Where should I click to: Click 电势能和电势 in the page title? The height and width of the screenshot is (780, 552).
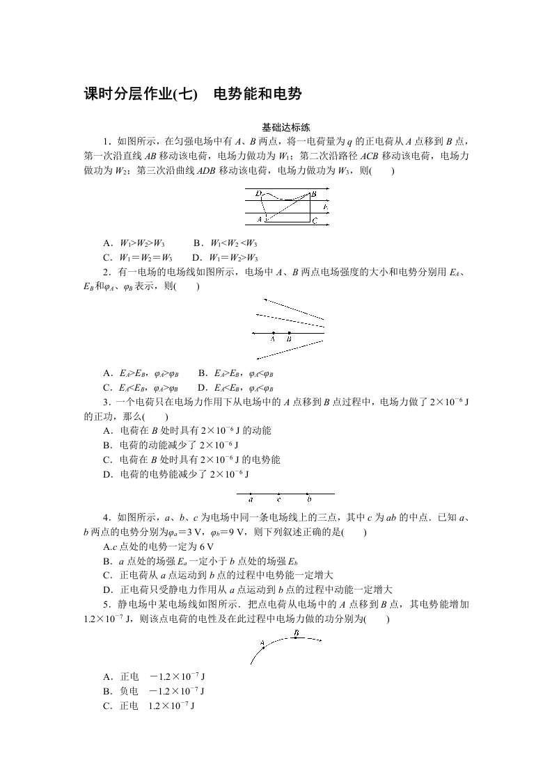[257, 95]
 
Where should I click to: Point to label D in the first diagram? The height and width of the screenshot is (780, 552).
[258, 193]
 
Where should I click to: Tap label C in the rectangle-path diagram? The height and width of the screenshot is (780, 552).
[315, 221]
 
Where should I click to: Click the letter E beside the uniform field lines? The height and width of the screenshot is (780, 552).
[325, 208]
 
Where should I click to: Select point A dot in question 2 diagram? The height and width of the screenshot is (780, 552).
[273, 333]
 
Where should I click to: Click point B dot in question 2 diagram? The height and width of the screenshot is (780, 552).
[289, 333]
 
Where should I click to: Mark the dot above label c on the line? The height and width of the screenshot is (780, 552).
[278, 494]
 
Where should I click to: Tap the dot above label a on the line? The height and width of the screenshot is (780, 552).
[251, 494]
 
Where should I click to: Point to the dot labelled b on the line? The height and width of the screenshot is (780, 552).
[308, 494]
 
